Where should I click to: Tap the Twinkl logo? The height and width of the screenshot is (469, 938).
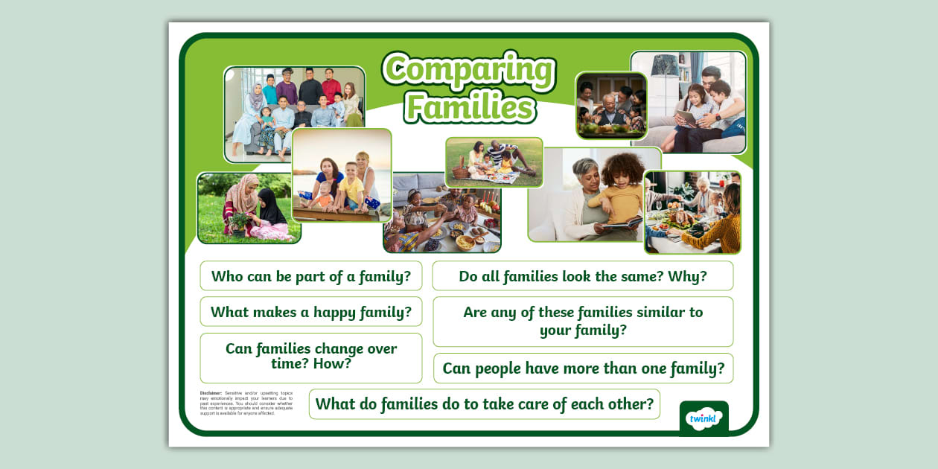click(x=703, y=418)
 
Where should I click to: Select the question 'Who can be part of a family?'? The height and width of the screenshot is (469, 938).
click(x=311, y=276)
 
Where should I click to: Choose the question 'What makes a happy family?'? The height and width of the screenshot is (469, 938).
click(x=311, y=312)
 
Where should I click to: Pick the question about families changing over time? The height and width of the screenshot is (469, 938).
click(x=311, y=357)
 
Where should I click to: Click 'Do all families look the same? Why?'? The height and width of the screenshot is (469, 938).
click(x=583, y=276)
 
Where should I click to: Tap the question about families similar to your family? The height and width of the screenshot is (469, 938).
click(x=583, y=321)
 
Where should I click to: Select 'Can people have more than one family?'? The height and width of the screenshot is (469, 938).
click(x=583, y=368)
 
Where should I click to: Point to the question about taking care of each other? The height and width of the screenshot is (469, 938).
click(x=485, y=403)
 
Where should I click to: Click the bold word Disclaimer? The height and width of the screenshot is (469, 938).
click(x=211, y=392)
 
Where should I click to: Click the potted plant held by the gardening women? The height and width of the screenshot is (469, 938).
click(x=240, y=221)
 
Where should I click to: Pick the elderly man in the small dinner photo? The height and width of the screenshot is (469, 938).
click(x=609, y=110)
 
